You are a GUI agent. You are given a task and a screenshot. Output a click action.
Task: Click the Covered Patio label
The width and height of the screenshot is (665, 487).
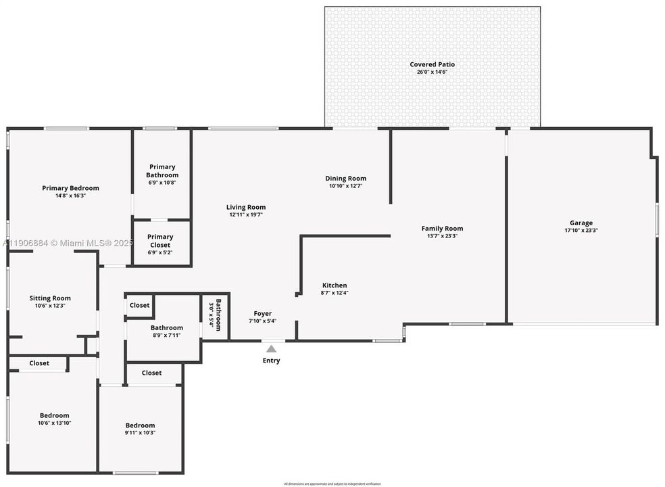click(x=432, y=65)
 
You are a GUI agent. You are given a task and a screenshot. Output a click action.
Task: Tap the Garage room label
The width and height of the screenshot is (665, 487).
click(x=581, y=223)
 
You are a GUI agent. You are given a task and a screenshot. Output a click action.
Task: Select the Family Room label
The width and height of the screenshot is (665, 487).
click(x=442, y=229)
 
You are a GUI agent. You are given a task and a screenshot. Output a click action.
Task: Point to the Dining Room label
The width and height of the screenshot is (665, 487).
click(x=346, y=179)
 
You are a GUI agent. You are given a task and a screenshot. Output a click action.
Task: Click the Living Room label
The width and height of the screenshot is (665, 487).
click(x=246, y=208)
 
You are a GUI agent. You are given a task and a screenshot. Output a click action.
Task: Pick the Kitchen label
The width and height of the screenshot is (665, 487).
click(x=335, y=285)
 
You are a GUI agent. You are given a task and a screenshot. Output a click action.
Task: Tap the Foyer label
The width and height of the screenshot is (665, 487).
click(x=263, y=314)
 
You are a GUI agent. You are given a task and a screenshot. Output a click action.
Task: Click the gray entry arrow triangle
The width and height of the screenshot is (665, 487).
click(x=271, y=349)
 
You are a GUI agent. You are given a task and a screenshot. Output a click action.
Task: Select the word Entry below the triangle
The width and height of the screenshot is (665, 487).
click(x=271, y=361)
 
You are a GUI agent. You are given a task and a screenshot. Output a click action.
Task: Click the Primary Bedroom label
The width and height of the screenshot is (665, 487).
click(x=70, y=188)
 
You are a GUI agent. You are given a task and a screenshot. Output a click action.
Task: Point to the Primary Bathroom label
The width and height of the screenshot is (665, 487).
click(x=162, y=171)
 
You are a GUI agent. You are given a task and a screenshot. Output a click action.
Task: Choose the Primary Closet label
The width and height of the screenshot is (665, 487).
click(x=161, y=241)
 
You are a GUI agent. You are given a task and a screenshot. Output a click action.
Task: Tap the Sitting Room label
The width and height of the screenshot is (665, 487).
click(x=50, y=298)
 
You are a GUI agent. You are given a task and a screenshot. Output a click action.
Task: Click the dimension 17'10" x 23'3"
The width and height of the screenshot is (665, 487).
click(x=581, y=231)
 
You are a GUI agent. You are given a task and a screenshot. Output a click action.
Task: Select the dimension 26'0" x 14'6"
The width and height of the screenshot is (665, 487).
click(x=432, y=72)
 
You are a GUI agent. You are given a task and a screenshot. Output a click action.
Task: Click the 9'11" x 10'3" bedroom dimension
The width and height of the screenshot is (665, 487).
click(x=140, y=433)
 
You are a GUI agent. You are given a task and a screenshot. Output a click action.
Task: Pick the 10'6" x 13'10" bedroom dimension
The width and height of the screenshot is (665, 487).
click(x=54, y=423)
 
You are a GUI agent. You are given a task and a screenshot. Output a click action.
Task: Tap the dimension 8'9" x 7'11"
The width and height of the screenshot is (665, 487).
click(x=166, y=335)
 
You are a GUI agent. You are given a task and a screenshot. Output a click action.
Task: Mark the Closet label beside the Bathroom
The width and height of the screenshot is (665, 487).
click(x=140, y=305)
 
